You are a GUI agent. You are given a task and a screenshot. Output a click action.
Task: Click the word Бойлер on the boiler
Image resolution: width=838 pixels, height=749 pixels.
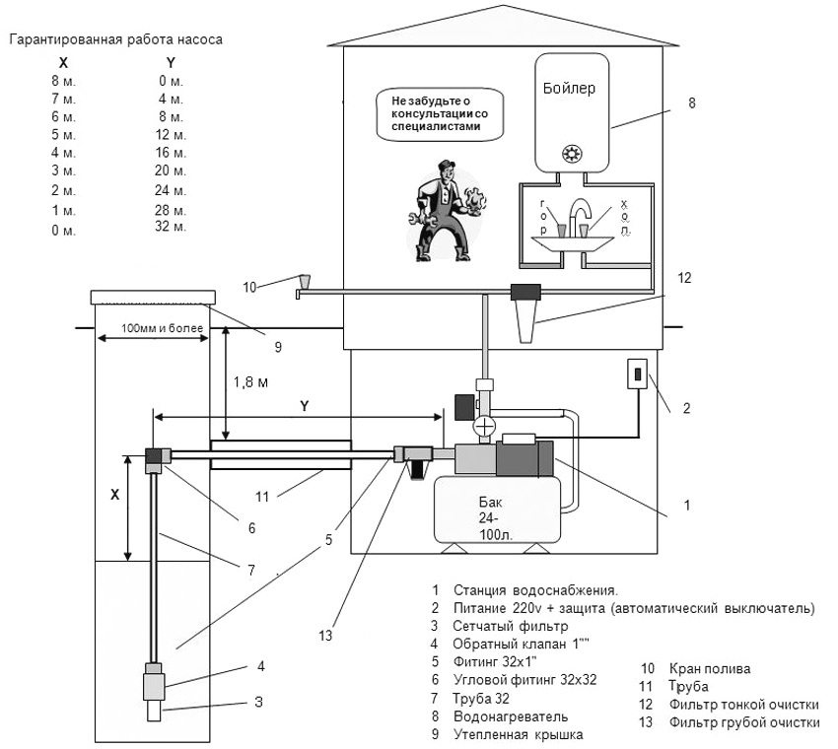tap(569, 89)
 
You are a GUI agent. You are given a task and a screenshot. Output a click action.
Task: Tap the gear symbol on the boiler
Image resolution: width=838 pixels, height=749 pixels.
tap(570, 154)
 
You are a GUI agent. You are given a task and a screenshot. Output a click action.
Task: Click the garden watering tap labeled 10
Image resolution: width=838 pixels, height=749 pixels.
tap(304, 284)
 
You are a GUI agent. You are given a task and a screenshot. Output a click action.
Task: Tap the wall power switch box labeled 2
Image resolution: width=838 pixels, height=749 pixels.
tap(637, 375)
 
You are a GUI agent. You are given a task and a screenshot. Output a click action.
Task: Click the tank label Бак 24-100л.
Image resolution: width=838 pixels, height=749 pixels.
tap(493, 507)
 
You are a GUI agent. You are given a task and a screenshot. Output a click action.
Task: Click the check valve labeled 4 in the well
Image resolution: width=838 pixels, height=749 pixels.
tap(156, 680)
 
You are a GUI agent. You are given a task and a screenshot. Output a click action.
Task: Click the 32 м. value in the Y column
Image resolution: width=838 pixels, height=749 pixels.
tap(171, 227)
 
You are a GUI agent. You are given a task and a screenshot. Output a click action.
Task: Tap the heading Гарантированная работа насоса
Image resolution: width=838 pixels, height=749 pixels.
tap(116, 40)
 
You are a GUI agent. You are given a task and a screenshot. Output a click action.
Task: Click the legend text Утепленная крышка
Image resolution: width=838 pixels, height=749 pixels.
tap(519, 734)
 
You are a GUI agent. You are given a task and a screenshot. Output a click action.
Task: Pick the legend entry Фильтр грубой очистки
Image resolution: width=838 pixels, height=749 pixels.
tap(743, 722)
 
